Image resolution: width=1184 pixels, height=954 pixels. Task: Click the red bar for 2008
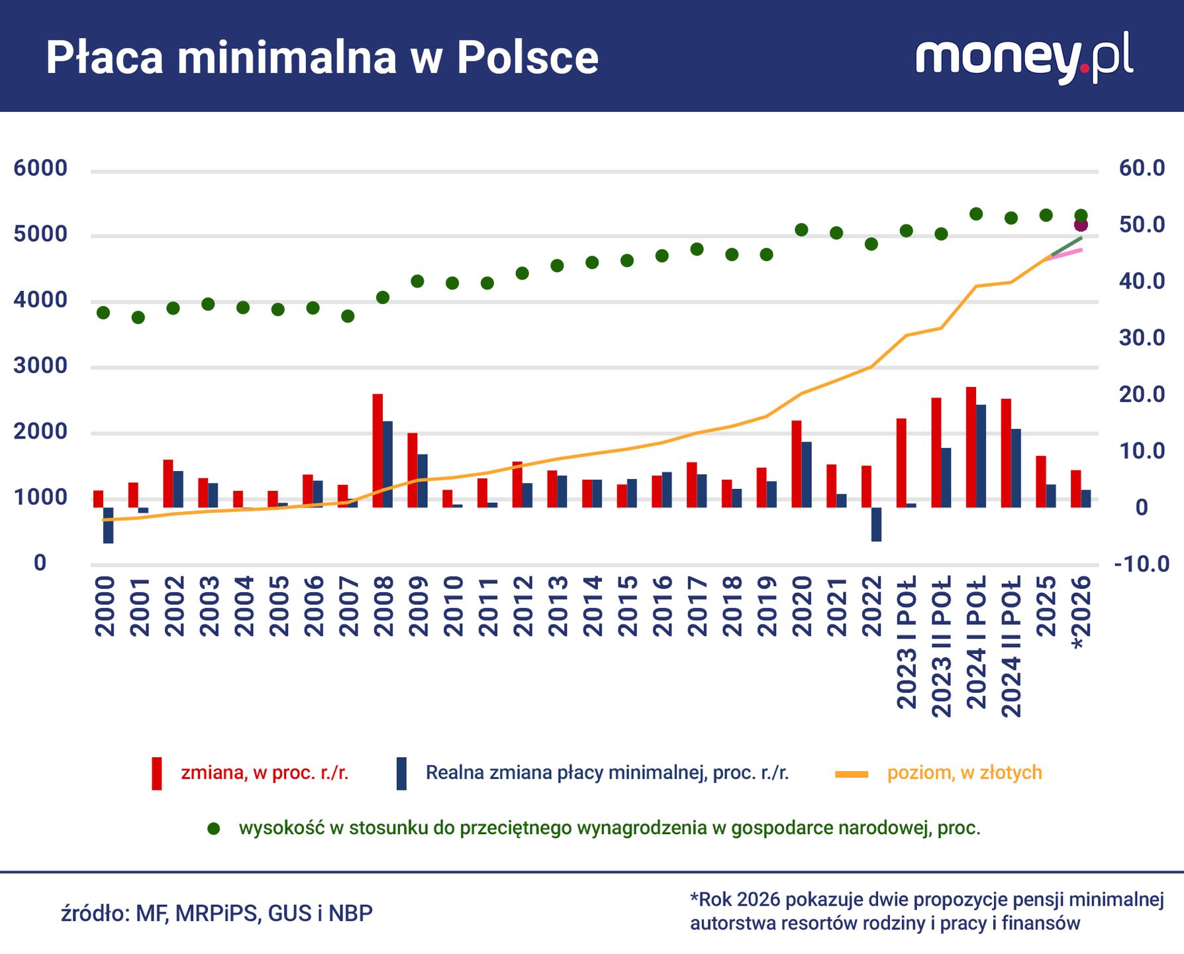point(377,450)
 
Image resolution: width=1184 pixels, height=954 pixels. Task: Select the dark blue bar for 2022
point(876,525)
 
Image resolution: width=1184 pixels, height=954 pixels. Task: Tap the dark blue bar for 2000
point(109,525)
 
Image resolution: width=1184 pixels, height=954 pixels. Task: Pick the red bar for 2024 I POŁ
point(971,447)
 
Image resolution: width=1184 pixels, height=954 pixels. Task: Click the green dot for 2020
point(801,230)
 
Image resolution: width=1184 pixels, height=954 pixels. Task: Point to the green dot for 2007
point(348,316)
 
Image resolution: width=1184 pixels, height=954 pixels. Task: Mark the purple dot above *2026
point(1081,225)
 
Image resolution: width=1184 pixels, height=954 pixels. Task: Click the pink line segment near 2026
point(1069,253)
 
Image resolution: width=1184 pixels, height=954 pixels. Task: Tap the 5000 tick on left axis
point(40,234)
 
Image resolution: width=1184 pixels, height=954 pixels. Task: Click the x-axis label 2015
point(627,606)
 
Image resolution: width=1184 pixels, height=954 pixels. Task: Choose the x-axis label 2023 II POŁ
point(941,646)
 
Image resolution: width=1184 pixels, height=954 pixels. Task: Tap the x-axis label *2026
point(1081,612)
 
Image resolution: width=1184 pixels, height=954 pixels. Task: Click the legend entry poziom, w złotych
point(964,772)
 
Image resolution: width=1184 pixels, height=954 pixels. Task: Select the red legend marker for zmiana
point(157,773)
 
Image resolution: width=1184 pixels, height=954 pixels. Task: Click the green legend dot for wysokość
point(213,829)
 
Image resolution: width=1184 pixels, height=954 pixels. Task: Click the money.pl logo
point(1024,58)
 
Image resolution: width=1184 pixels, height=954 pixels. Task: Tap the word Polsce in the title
point(527,58)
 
